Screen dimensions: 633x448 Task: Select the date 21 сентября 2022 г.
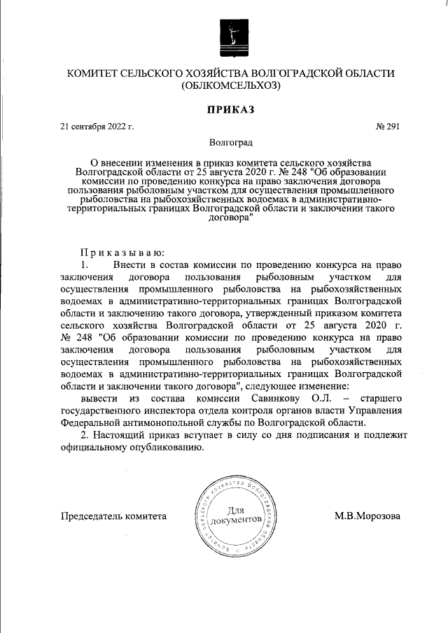coord(97,127)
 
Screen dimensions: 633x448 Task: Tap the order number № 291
coord(388,127)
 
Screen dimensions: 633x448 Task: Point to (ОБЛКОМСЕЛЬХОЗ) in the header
coord(230,87)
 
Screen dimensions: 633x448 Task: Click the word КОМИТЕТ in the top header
coord(97,73)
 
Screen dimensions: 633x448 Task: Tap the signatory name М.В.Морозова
coord(367,516)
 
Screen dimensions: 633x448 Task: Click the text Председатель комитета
coord(114,516)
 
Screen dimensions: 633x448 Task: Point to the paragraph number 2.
coord(85,436)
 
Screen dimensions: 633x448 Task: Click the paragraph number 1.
coord(85,265)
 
